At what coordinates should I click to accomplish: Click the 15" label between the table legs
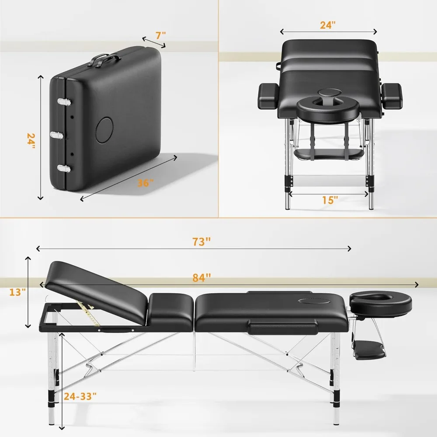click(330, 200)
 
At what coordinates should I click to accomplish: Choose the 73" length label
click(202, 242)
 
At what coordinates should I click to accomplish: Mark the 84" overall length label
click(202, 277)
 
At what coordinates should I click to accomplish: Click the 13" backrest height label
click(18, 292)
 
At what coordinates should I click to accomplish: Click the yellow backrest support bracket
click(91, 313)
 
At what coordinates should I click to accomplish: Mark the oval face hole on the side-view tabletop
click(310, 300)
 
